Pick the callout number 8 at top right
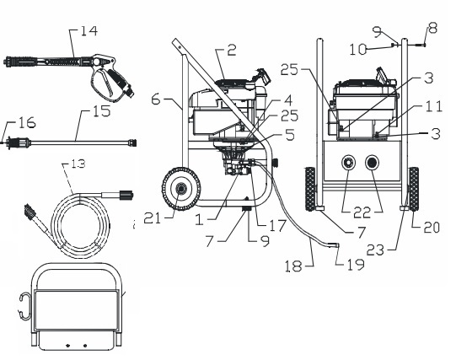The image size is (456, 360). (433, 27)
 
